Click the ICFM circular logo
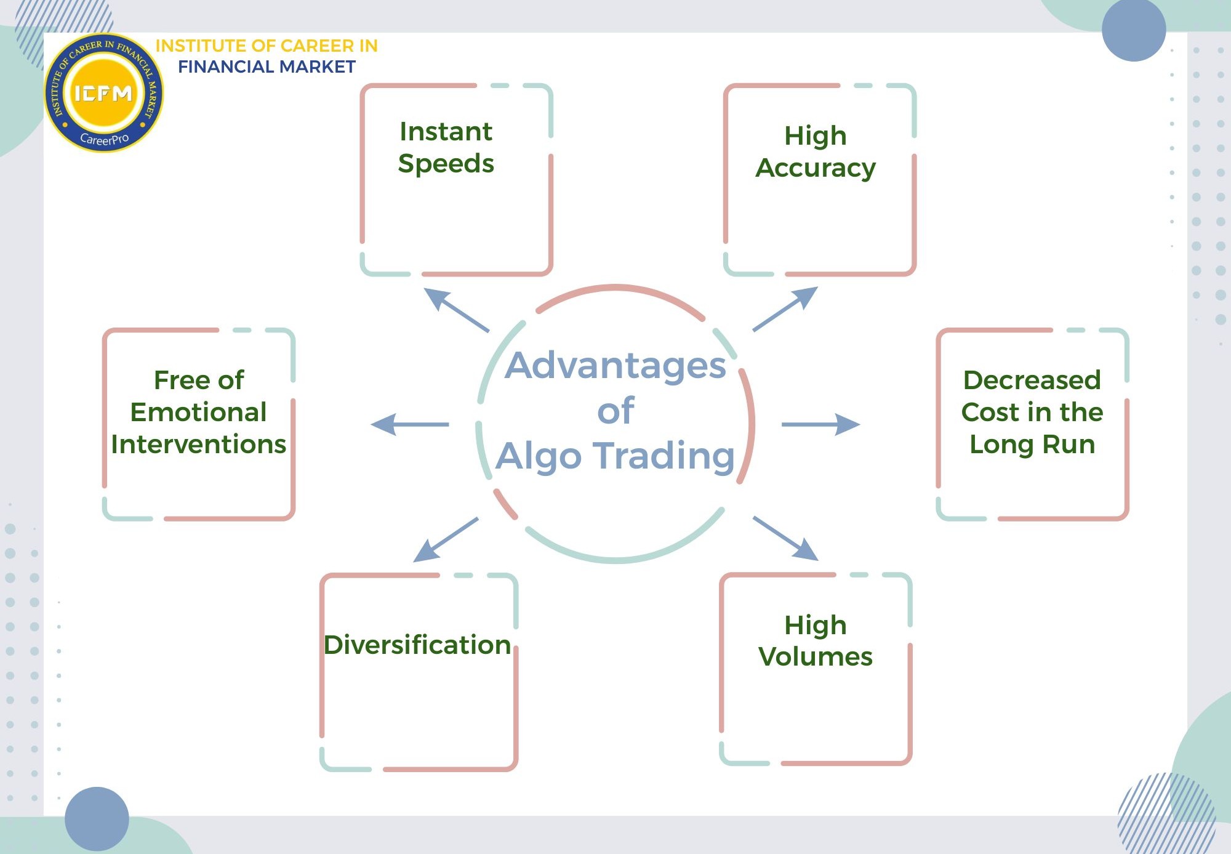(103, 93)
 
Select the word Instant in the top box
(446, 132)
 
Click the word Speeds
(446, 164)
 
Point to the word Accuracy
(815, 168)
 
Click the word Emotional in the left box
(198, 412)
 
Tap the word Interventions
(198, 444)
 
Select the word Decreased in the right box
(1032, 380)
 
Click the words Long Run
(1032, 444)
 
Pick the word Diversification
(417, 645)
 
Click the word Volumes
(815, 656)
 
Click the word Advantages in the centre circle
(615, 366)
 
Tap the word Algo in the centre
(539, 456)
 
